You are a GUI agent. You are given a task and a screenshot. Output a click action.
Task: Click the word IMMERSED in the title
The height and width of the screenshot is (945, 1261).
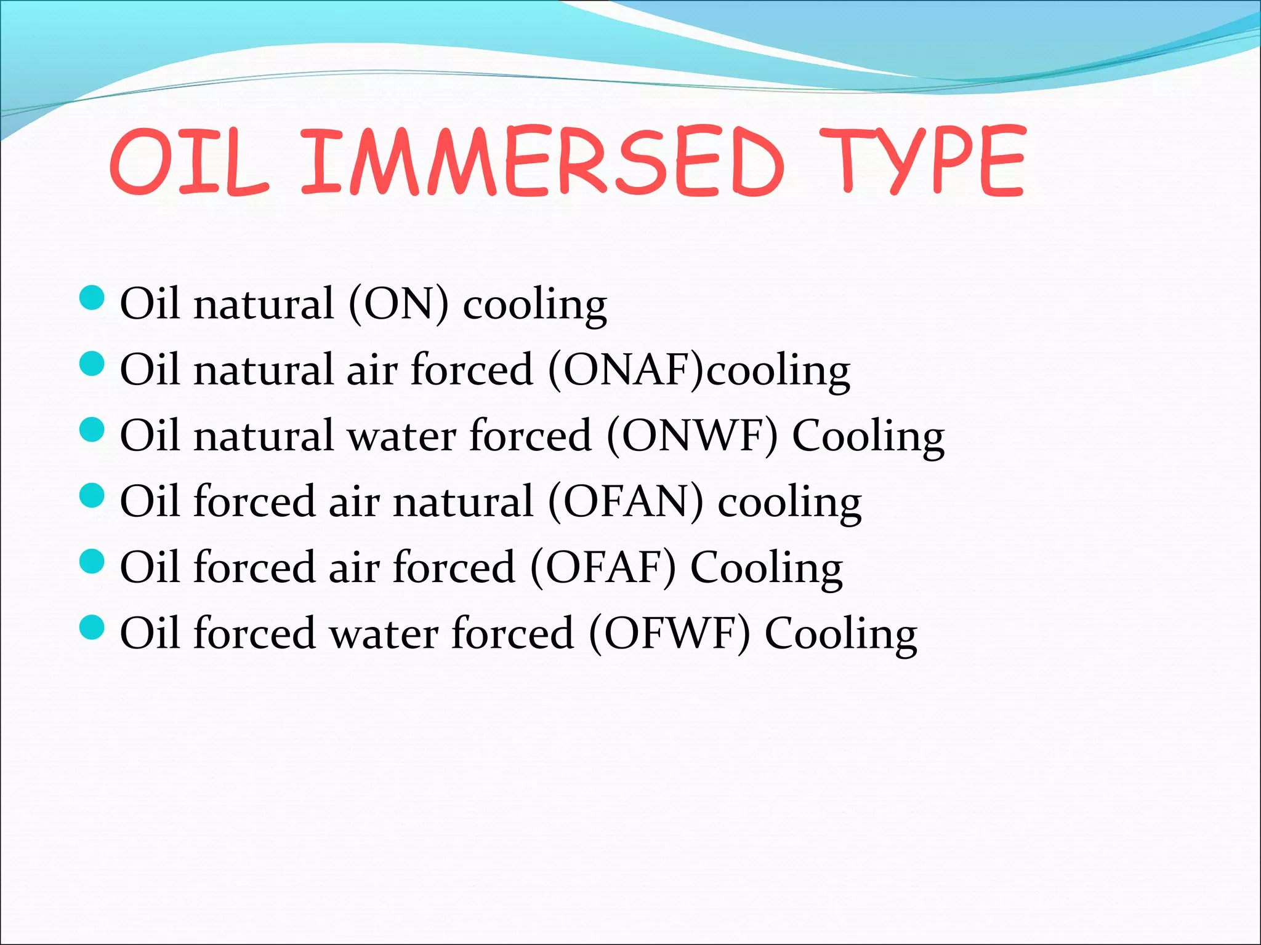[542, 161]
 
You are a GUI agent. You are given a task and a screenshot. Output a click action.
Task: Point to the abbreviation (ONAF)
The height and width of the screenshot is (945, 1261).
[626, 370]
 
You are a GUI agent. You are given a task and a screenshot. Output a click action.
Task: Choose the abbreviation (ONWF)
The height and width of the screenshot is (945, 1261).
[692, 436]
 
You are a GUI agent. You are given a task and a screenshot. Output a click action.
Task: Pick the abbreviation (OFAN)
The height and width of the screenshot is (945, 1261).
[626, 501]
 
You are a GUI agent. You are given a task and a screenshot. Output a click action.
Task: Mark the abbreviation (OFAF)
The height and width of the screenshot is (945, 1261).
[603, 567]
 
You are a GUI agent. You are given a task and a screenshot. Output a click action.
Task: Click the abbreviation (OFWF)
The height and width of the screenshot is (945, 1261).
[670, 633]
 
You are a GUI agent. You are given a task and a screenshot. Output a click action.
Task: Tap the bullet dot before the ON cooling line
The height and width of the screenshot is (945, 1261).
[92, 298]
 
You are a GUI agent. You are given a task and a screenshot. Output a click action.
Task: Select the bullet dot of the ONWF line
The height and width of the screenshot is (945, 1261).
[92, 429]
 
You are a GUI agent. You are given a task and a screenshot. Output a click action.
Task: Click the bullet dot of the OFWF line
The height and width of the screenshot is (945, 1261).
[92, 627]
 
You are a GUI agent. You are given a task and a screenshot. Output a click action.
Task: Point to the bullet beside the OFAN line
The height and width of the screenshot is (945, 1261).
[92, 495]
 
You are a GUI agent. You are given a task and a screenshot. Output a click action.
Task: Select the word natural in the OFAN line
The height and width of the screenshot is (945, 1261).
[463, 501]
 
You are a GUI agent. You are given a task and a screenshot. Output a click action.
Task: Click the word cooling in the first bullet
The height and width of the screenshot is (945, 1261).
[534, 305]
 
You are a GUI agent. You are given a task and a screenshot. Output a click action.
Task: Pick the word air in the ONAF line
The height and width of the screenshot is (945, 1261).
[372, 371]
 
